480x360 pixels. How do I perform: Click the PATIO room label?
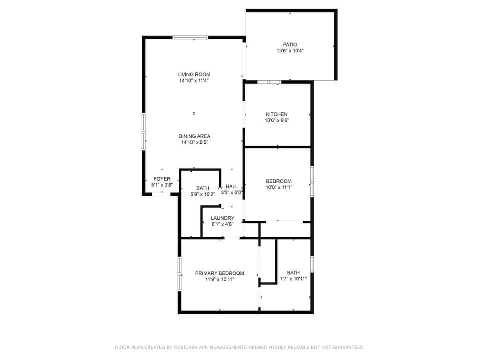click(x=290, y=45)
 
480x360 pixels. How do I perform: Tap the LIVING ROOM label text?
click(x=193, y=74)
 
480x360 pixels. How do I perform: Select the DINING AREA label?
click(x=194, y=136)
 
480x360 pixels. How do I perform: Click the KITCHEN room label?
click(x=276, y=114)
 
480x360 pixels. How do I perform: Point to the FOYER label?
click(x=162, y=179)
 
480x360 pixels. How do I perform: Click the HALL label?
click(x=232, y=186)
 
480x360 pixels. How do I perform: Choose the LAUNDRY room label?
click(x=222, y=218)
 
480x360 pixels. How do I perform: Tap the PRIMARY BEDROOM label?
click(x=219, y=273)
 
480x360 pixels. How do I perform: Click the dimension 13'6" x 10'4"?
click(x=290, y=51)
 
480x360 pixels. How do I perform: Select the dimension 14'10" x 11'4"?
click(x=193, y=80)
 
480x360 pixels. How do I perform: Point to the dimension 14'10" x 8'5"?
click(x=194, y=142)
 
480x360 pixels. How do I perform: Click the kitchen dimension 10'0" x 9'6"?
click(x=276, y=120)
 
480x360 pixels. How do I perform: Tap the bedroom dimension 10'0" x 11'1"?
click(x=278, y=187)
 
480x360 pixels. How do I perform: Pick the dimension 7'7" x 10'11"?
click(x=293, y=279)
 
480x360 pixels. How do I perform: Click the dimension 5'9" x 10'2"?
click(x=202, y=194)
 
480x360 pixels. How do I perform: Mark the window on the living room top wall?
click(x=190, y=37)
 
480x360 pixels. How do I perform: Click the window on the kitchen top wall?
click(x=270, y=82)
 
